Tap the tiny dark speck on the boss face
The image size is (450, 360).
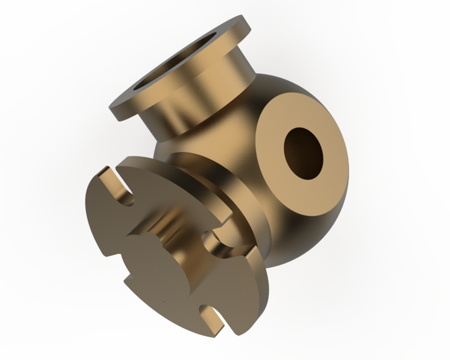tap(164, 302)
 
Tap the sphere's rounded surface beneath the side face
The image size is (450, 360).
tap(300, 238)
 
